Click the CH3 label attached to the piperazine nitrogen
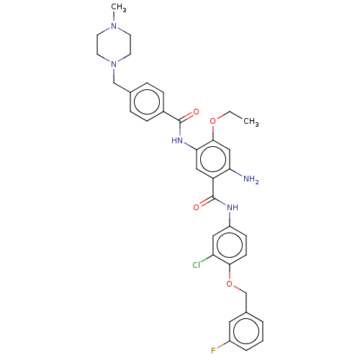click(119, 8)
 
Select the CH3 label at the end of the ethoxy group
click(251, 122)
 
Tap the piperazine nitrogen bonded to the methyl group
click(114, 26)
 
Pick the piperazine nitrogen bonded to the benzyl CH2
click(114, 64)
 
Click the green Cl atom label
click(197, 265)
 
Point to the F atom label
click(213, 351)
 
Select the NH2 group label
click(251, 179)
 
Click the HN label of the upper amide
click(177, 140)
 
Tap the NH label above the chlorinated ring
click(233, 207)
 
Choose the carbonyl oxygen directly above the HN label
click(196, 112)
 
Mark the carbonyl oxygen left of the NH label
click(196, 207)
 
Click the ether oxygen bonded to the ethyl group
click(213, 121)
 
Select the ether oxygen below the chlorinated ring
click(230, 284)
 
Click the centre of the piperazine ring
click(114, 45)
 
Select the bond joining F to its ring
click(222, 345)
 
